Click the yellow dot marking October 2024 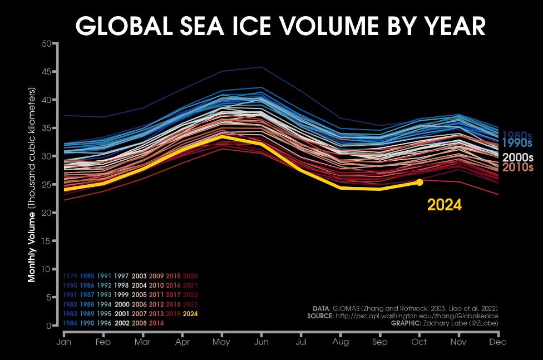coord(419,182)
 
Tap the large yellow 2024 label coord(444,205)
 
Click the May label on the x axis coord(221,342)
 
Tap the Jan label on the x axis coord(64,342)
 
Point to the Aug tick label coord(340,342)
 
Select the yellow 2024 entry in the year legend coord(190,314)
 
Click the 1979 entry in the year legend coord(70,276)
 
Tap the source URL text coord(416,315)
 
